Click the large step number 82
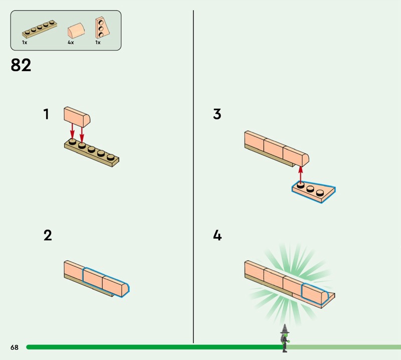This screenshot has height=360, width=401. tap(21, 65)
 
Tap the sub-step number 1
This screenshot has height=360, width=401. tap(46, 114)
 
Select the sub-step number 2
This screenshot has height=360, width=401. tap(48, 235)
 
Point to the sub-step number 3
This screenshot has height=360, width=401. tap(217, 114)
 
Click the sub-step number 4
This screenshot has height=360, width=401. tap(217, 235)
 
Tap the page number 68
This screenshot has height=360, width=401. tap(14, 347)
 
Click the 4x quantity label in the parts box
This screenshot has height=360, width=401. tap(71, 43)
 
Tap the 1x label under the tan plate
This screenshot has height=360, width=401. tap(25, 43)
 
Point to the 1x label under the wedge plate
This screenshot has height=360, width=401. tap(98, 43)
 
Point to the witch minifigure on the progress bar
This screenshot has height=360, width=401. tap(285, 337)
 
